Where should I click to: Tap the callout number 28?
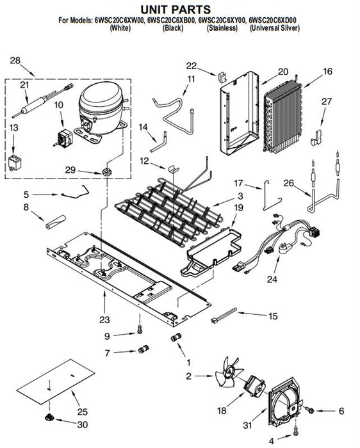[15, 61]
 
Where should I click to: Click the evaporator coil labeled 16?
[283, 117]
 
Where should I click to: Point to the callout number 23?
[104, 319]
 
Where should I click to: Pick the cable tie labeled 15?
[224, 316]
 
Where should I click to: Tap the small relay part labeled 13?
[13, 163]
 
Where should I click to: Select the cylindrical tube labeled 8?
[56, 222]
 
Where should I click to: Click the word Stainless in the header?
[222, 28]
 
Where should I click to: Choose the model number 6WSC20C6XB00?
[172, 20]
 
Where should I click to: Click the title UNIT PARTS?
[176, 10]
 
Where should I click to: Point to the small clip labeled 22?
[222, 77]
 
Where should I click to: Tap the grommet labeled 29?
[106, 172]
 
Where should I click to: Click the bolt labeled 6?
[309, 410]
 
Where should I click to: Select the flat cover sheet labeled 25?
[56, 381]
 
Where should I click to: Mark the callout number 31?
[248, 425]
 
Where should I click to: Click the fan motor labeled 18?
[254, 387]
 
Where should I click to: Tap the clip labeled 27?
[316, 138]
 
